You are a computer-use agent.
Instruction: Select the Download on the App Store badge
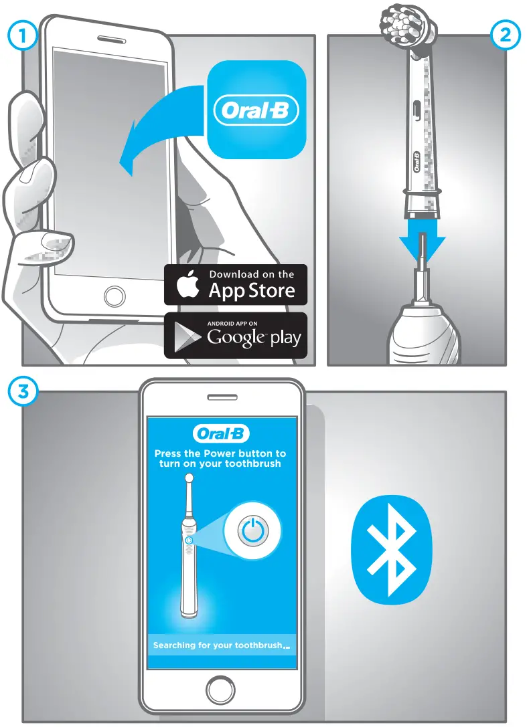point(236,284)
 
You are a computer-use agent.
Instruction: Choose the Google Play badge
point(236,336)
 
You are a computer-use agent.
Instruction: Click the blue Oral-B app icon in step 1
point(256,110)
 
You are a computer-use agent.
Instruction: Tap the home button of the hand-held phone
point(108,295)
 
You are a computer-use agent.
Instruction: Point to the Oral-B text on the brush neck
point(415,163)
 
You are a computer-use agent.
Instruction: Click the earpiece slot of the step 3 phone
point(222,397)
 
